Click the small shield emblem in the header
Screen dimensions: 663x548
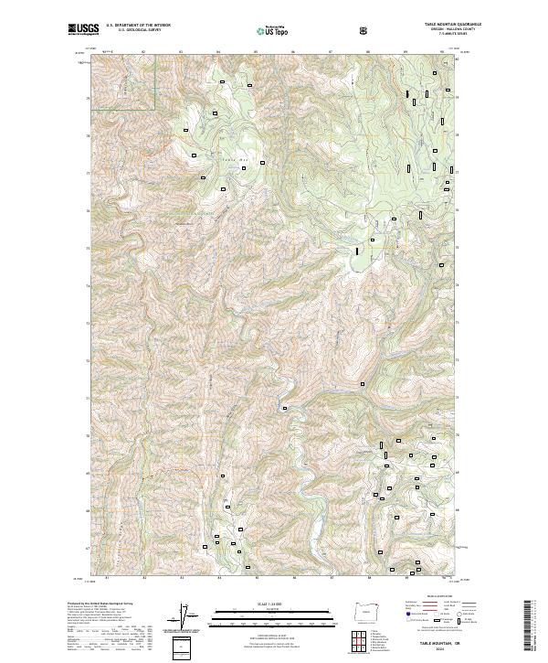pos(364,30)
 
